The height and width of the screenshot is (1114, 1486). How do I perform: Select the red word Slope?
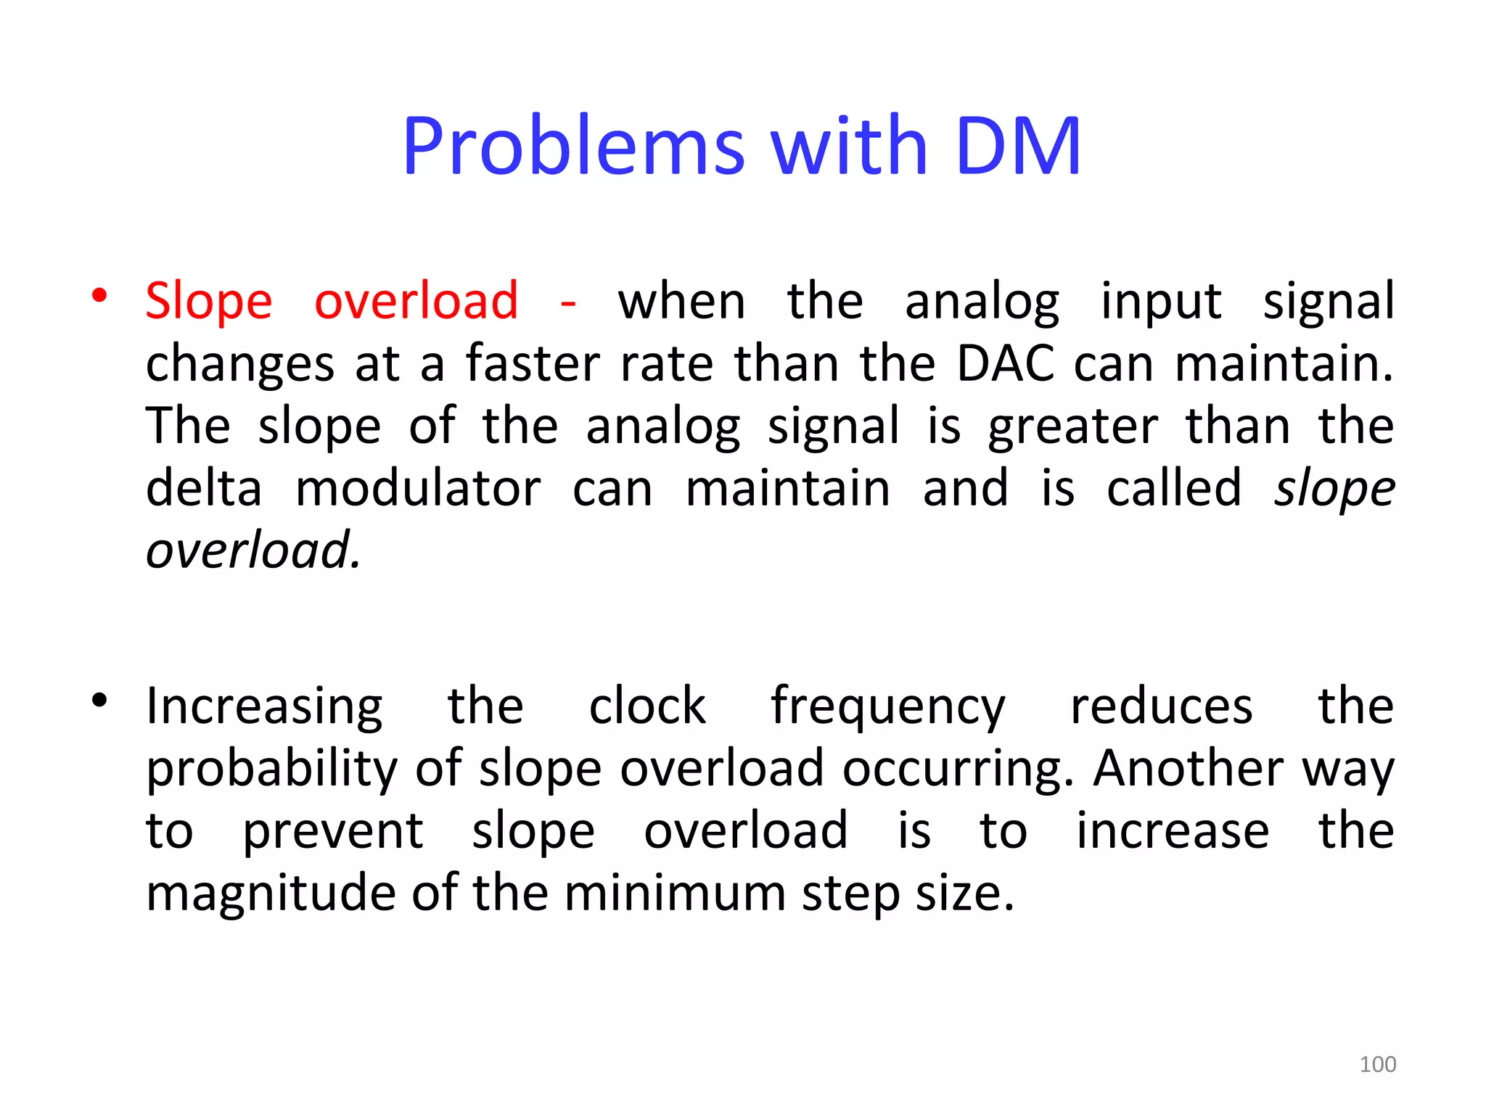pyautogui.click(x=209, y=301)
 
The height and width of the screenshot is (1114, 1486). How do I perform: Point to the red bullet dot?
pyautogui.click(x=100, y=295)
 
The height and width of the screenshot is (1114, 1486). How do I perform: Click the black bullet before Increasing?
pyautogui.click(x=100, y=700)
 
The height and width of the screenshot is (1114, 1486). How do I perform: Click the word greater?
pyautogui.click(x=1072, y=426)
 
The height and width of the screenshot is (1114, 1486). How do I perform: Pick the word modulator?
pyautogui.click(x=418, y=488)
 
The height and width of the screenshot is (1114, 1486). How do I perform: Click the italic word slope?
pyautogui.click(x=1334, y=490)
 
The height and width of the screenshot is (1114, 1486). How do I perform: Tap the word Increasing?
pyautogui.click(x=264, y=706)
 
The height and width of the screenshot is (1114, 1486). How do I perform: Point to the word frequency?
pyautogui.click(x=887, y=708)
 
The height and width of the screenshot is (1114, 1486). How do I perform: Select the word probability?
pyautogui.click(x=272, y=769)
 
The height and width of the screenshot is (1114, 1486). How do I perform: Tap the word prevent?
pyautogui.click(x=332, y=831)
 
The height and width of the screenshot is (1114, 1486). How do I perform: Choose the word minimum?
pyautogui.click(x=675, y=893)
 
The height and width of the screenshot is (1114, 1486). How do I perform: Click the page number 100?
pyautogui.click(x=1377, y=1064)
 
